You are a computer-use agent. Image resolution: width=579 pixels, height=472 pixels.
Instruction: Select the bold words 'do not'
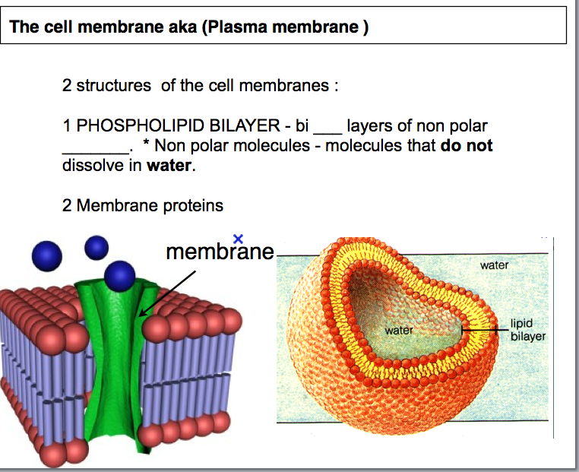[467, 145]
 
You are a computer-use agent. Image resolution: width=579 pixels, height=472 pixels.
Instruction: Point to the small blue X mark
[239, 239]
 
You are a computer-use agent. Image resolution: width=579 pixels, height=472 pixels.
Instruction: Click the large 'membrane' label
[220, 252]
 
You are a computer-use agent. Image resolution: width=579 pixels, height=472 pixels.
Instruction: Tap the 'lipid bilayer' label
[527, 329]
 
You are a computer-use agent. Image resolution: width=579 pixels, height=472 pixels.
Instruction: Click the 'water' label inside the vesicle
[399, 331]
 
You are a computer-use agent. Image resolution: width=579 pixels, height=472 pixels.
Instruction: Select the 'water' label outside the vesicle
[494, 265]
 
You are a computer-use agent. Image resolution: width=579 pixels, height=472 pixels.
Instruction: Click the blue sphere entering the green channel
[120, 276]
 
